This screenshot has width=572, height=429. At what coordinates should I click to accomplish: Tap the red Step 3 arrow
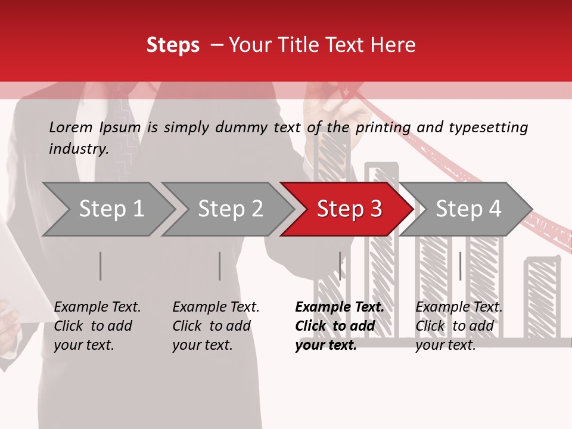[x=349, y=209]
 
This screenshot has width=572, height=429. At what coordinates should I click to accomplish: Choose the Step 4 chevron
[x=468, y=209]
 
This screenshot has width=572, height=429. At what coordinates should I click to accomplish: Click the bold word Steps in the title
[x=173, y=45]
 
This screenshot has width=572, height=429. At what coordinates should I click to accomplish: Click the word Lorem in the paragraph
[x=71, y=127]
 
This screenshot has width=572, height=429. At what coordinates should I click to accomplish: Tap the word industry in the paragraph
[x=78, y=149]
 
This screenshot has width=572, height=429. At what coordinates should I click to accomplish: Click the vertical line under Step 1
[x=100, y=266]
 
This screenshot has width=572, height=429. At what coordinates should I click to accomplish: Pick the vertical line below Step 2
[x=219, y=266]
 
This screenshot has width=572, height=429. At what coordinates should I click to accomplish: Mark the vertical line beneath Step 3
[x=340, y=266]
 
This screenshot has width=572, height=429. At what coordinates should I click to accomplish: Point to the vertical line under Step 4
[x=460, y=266]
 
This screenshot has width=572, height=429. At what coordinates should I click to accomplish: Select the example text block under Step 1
[x=97, y=326]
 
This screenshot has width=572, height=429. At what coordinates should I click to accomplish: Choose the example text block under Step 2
[x=216, y=326]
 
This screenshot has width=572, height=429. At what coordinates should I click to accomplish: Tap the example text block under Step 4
[x=458, y=326]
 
